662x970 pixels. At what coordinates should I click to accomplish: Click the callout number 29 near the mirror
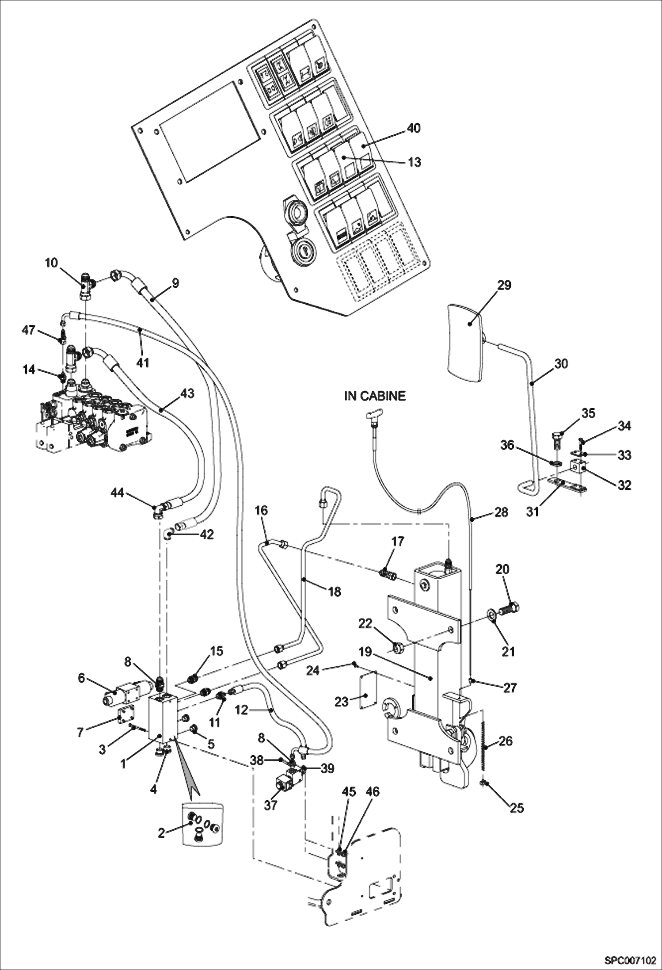pos(504,285)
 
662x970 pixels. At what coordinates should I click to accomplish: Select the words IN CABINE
pos(375,396)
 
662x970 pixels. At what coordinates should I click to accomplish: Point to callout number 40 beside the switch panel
pos(414,128)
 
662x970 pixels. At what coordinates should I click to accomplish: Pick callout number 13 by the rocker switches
pos(414,162)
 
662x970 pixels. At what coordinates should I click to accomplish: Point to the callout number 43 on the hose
pos(187,393)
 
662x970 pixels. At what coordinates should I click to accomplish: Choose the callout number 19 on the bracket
pos(365,652)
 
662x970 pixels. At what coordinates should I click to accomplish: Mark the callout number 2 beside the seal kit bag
pos(161,833)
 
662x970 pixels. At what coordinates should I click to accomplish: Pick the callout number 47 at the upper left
pos(29,330)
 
